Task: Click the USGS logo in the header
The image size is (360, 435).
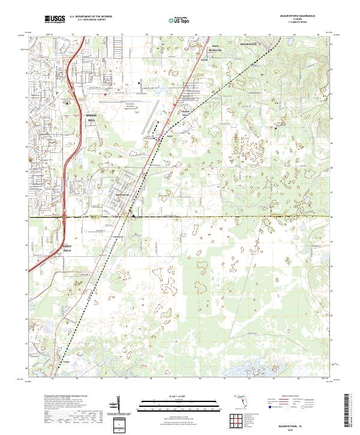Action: pos(55,19)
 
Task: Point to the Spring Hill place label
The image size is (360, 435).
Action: pos(91,117)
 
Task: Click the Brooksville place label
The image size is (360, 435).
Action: pos(248,43)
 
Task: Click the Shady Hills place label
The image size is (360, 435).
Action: pos(67,248)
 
